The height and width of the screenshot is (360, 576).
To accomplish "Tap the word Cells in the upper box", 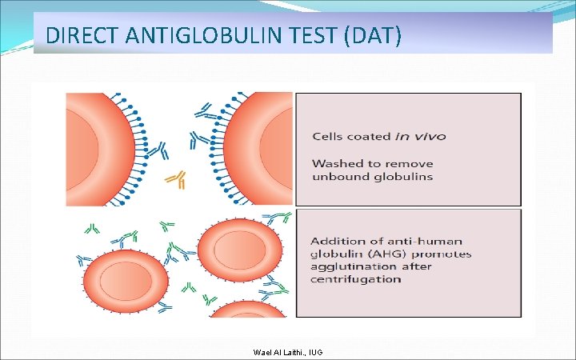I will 326,137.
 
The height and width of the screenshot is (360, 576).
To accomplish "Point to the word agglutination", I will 350,266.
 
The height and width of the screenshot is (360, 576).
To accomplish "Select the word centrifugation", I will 356,279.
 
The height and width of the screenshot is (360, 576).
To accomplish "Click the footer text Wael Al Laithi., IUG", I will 288,352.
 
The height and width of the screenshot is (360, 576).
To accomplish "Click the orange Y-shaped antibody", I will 175,179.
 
